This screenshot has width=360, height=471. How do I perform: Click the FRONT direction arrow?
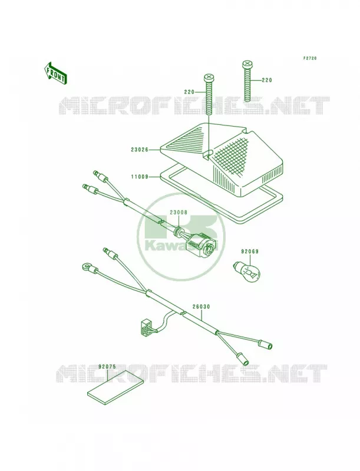pos(55,72)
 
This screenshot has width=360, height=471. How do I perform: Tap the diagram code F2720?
pos(310,58)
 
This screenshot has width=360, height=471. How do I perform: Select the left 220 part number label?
pos(189,92)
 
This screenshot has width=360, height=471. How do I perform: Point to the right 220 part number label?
pos(266,80)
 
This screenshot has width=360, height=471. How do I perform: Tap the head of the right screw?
pos(247,64)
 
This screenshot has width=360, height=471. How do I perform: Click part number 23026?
pos(140,150)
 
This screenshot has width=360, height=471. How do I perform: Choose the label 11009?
pos(140,177)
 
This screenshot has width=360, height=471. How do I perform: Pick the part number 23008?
pos(178,213)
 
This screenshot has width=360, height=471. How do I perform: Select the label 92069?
pos(249,251)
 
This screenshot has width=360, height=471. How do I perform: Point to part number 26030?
pos(201,307)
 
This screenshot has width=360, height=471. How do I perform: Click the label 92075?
pos(107,366)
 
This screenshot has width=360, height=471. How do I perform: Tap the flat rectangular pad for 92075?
pos(115,388)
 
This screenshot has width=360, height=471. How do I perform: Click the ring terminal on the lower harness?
pos(85,266)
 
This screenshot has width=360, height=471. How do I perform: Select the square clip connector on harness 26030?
pos(146,328)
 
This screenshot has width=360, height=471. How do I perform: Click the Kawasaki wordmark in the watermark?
pos(181,245)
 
